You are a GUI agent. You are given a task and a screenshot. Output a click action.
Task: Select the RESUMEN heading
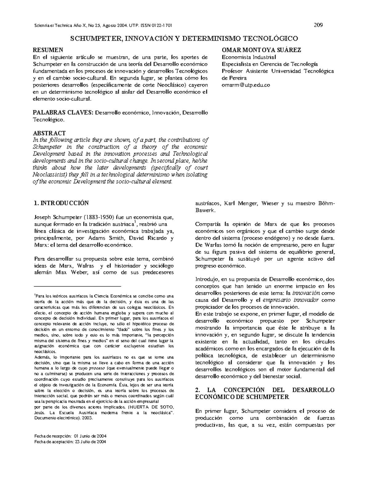48,50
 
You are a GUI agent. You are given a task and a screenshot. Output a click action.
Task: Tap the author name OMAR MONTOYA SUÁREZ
261,50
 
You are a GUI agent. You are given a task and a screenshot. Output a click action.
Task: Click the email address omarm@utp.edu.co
246,85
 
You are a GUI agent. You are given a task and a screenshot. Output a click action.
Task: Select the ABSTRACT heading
49,133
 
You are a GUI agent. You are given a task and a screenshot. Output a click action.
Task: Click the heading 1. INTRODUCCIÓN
61,203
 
